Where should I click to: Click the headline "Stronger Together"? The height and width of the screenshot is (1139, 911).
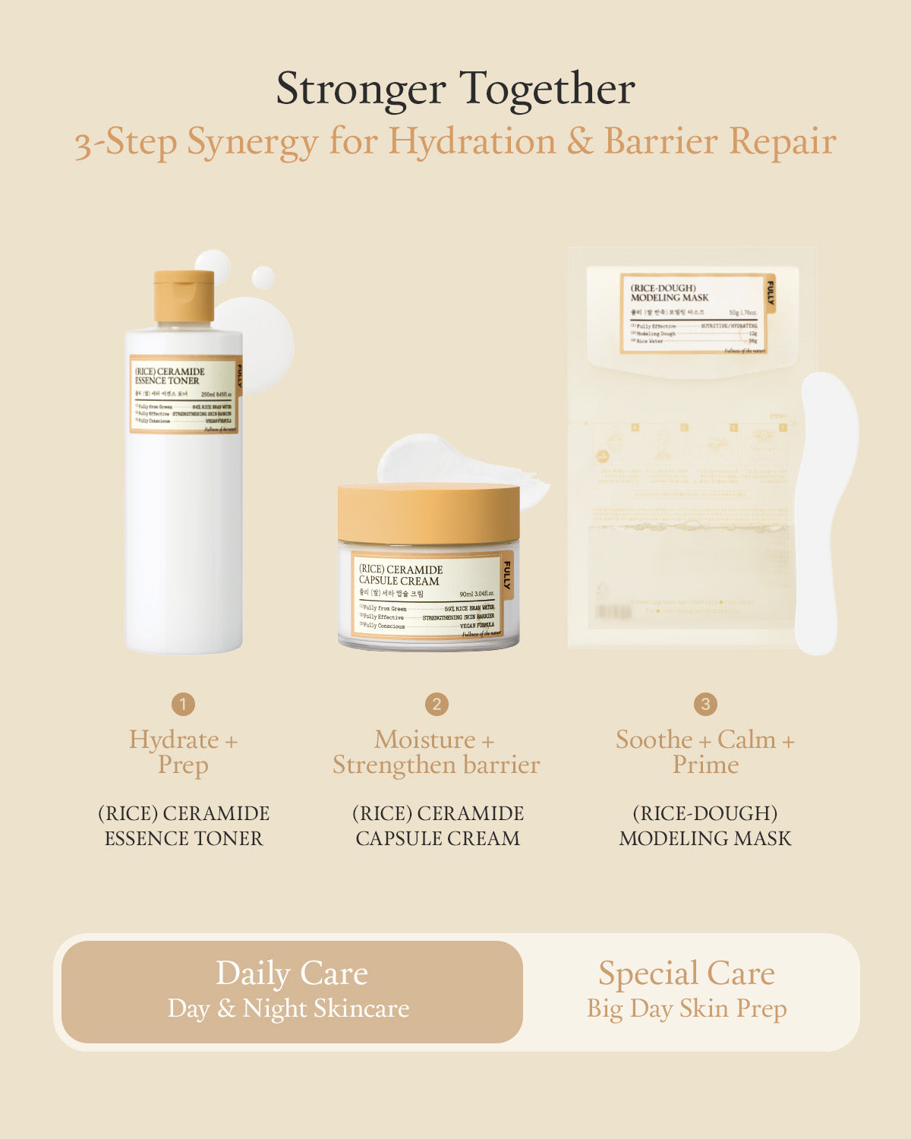pos(455,89)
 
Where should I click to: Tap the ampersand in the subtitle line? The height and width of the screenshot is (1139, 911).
pos(580,142)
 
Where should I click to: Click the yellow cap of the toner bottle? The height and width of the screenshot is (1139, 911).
pos(184,295)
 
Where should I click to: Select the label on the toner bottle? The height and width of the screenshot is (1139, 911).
pos(184,394)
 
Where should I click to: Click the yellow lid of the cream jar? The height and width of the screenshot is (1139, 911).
pos(429,513)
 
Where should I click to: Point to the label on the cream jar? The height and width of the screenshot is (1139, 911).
pos(429,595)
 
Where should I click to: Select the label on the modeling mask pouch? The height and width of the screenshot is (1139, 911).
pos(693,314)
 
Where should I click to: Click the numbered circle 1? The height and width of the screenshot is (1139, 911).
pos(183,704)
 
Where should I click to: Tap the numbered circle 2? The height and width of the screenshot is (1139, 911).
pos(437,704)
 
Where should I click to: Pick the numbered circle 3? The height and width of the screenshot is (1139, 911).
pos(705,704)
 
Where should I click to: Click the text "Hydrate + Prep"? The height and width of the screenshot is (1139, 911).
pos(183,752)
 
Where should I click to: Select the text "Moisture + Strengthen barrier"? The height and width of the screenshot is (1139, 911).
pos(437,752)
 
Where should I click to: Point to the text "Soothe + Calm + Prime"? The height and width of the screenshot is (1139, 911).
pos(705,752)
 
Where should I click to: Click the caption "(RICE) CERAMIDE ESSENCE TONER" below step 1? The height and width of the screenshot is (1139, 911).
pos(184,825)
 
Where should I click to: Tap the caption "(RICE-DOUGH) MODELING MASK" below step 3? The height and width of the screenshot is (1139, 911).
pos(705,825)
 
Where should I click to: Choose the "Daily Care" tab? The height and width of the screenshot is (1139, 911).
pos(292,991)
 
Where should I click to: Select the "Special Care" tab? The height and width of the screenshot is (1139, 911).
pos(687,991)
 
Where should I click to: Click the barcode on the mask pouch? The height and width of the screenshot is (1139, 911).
pos(613,612)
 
